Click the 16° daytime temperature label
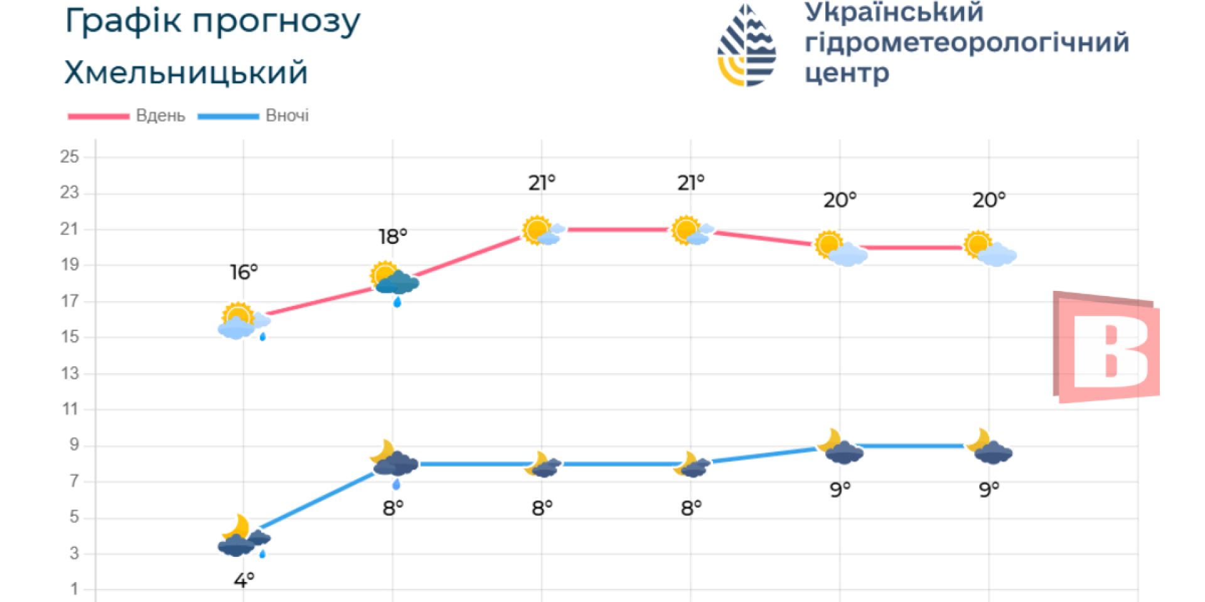coord(244,272)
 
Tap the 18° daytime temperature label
coord(393,237)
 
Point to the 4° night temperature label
coord(244,581)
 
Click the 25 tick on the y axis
coord(70,157)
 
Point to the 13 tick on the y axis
coord(70,374)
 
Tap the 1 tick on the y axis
coord(74,589)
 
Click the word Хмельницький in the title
coord(186,73)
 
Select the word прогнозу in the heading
coord(276,21)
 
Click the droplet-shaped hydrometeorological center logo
coord(747,45)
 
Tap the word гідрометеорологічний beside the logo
coord(967,43)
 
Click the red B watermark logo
coord(1106,347)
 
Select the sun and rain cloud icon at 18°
coord(394,280)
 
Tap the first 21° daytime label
coord(542,183)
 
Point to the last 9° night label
coord(988,489)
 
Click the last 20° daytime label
coord(988,201)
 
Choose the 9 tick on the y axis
coord(74,445)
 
